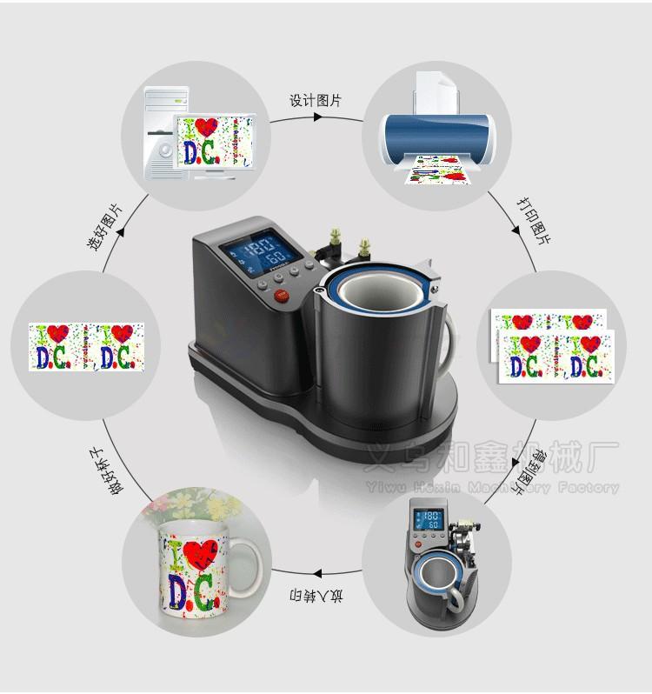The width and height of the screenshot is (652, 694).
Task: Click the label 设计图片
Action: (x=316, y=101)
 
